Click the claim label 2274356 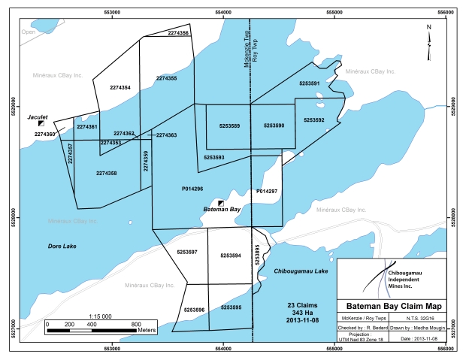pos(178,34)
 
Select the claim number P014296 pos(193,189)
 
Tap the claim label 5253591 pos(309,83)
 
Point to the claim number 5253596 pos(193,310)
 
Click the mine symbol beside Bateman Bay pos(221,203)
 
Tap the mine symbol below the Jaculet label pos(41,124)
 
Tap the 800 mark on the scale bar pos(135,323)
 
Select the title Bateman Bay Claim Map pos(389,306)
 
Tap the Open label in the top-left pos(29,32)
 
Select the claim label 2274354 pos(120,88)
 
